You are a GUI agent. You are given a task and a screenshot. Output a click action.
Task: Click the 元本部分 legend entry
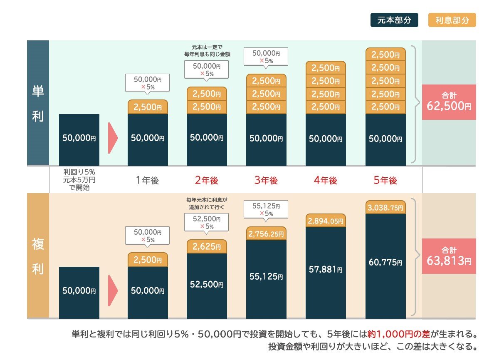(x=394, y=20)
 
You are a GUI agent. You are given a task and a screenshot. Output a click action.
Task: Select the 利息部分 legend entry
(x=452, y=20)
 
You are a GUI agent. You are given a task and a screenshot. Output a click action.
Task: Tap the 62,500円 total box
(x=449, y=102)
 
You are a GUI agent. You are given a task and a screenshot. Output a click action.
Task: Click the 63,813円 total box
(x=449, y=256)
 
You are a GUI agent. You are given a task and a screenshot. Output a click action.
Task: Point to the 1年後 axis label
(x=147, y=181)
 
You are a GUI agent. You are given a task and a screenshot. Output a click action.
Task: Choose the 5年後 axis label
(x=385, y=181)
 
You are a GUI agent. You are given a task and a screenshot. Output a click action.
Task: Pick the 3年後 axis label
(x=266, y=181)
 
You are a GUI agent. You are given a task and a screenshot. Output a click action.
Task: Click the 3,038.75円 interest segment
(x=385, y=207)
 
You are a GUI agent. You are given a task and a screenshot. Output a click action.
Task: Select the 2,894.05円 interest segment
(x=326, y=221)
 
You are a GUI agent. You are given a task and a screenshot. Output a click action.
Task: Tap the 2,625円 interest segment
(x=207, y=246)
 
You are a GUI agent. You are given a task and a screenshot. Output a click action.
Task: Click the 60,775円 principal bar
(x=385, y=266)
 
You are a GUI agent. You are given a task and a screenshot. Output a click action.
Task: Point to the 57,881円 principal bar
(x=326, y=273)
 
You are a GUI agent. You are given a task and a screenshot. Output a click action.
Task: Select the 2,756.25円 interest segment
(x=266, y=234)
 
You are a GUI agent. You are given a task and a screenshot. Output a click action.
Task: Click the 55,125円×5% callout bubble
(x=266, y=210)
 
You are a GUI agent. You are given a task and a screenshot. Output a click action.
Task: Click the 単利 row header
(x=38, y=103)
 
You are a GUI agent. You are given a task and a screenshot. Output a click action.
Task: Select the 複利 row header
(x=38, y=256)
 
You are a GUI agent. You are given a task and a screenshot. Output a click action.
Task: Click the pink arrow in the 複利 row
(x=113, y=290)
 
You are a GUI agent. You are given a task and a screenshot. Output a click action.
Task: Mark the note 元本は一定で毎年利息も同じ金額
(x=207, y=50)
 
